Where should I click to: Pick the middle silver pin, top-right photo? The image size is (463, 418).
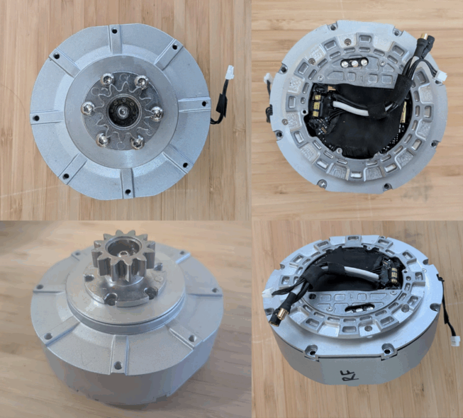pos(352,63)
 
